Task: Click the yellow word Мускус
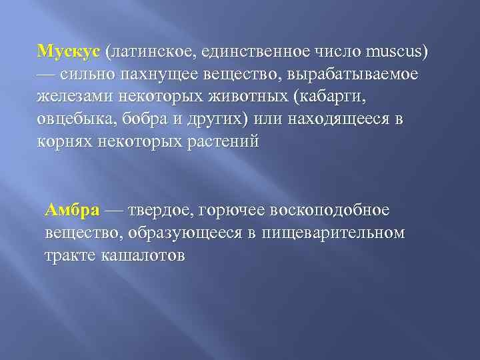pyautogui.click(x=69, y=51)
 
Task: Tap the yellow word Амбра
pyautogui.click(x=72, y=211)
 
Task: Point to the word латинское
pyautogui.click(x=149, y=51)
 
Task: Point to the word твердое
pyautogui.click(x=160, y=211)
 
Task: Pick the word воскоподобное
pyautogui.click(x=329, y=211)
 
